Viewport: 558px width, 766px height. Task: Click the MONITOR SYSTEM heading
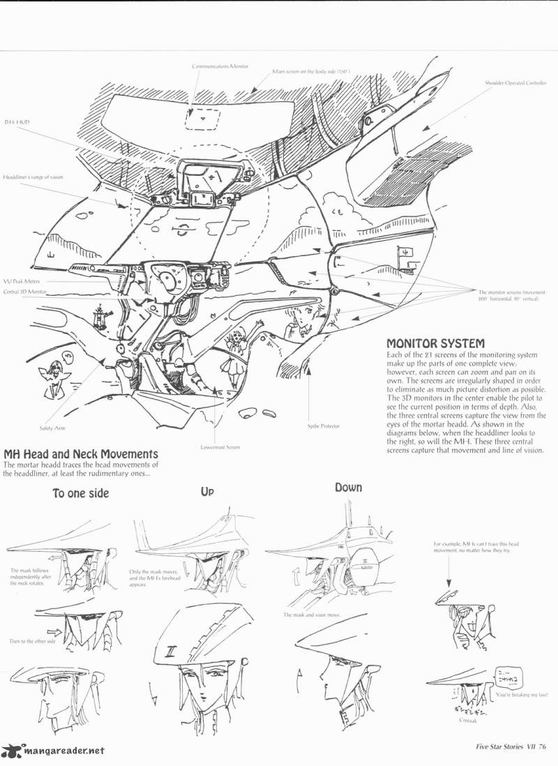pos(435,343)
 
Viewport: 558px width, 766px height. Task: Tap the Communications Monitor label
pos(216,66)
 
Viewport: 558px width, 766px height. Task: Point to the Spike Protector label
pos(323,425)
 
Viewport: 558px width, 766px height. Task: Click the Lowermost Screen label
pos(220,446)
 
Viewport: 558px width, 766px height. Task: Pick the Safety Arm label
pos(44,428)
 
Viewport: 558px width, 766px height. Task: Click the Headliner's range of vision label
pos(33,177)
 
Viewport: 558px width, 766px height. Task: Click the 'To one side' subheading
pos(80,493)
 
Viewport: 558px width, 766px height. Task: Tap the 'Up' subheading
pos(207,491)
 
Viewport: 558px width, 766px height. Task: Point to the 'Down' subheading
pos(347,487)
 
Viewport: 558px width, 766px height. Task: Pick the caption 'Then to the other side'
pos(33,640)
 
